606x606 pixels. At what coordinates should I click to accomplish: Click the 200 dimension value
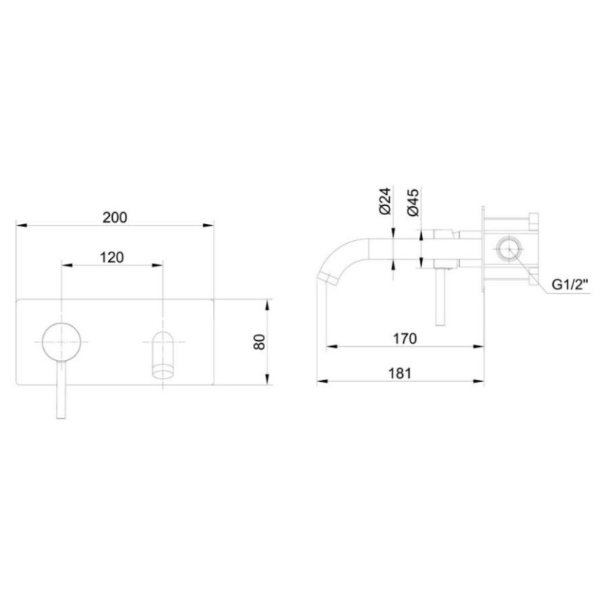(114, 217)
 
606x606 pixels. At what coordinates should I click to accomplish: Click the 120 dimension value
(111, 257)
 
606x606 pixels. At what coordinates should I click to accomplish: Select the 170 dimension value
(405, 339)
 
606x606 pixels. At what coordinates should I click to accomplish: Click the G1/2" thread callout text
(569, 286)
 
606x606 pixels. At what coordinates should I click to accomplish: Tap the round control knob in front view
(61, 342)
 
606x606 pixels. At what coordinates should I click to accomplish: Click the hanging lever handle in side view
(440, 299)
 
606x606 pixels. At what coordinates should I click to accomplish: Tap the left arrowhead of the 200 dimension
(20, 226)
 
